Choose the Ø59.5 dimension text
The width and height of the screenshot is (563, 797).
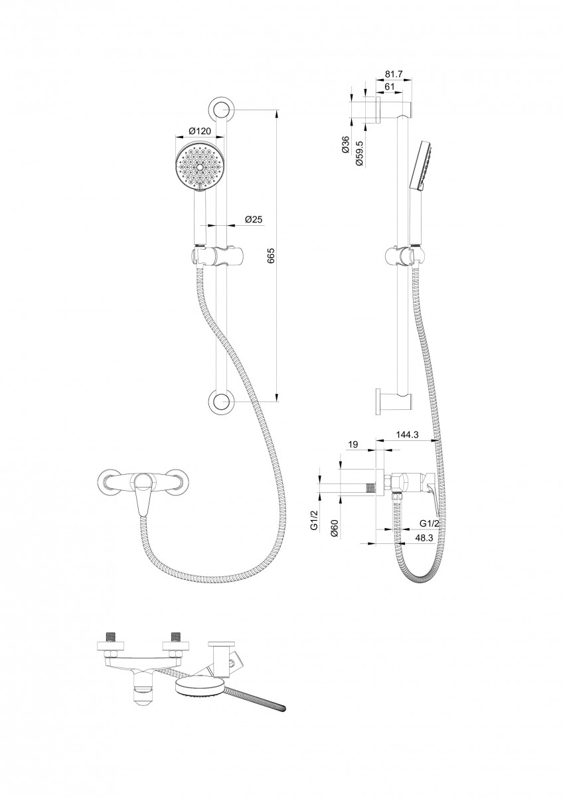[x=359, y=153]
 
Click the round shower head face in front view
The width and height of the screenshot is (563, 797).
[x=199, y=166]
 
